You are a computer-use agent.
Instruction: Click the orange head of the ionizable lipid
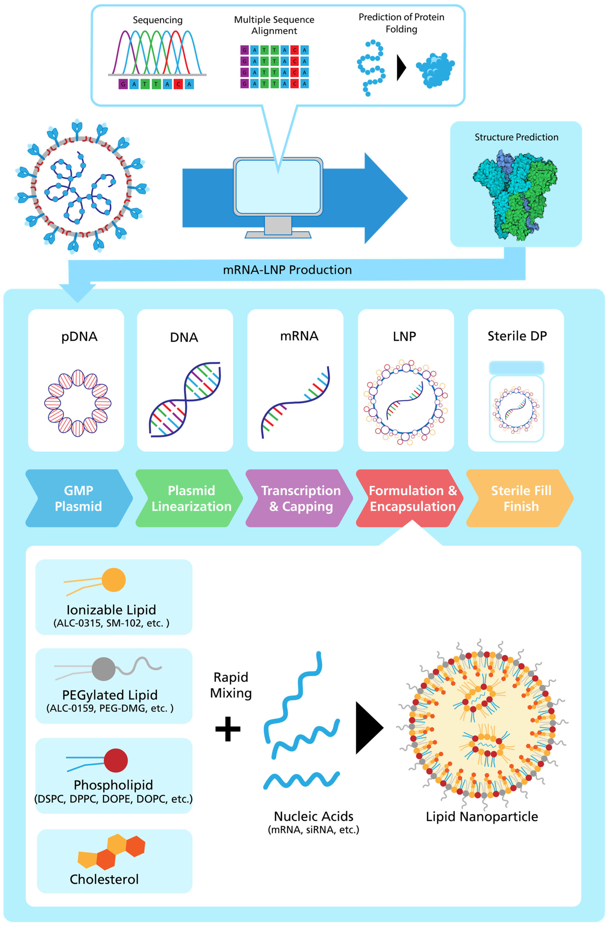(114, 580)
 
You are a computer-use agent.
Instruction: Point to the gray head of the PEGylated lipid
(103, 669)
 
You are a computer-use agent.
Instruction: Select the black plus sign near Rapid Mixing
(228, 728)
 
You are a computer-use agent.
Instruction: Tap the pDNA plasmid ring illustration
(78, 403)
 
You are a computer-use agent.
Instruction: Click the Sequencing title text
(157, 20)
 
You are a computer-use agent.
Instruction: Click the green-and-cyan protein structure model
(515, 195)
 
